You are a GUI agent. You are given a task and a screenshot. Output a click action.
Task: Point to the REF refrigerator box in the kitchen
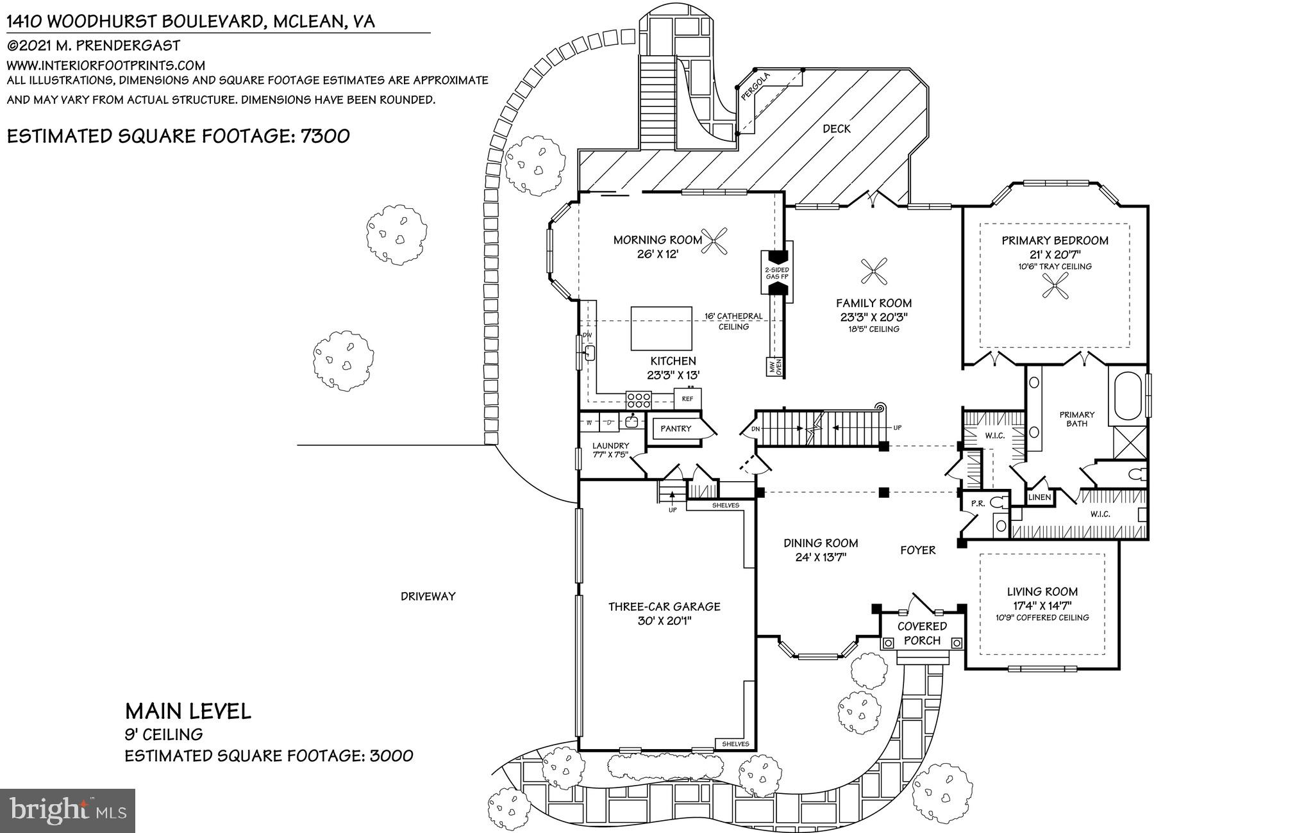(x=687, y=399)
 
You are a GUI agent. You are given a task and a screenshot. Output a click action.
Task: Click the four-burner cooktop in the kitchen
(x=639, y=400)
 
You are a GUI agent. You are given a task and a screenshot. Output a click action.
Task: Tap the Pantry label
(x=676, y=429)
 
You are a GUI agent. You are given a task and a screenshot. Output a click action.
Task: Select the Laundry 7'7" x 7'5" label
(x=610, y=450)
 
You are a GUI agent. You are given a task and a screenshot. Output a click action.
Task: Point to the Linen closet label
(x=1039, y=497)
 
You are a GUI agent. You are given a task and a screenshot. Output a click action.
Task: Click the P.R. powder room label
(x=977, y=504)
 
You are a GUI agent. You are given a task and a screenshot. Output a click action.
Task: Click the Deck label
(x=836, y=129)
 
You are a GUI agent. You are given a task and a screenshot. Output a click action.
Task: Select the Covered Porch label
(x=922, y=633)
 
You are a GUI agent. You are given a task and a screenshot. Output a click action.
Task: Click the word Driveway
(x=428, y=596)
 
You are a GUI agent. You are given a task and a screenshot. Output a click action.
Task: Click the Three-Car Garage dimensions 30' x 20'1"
(x=664, y=620)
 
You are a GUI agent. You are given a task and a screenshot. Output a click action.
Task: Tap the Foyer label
(x=917, y=550)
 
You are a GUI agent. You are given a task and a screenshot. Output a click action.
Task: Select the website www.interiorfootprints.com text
(x=106, y=65)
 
